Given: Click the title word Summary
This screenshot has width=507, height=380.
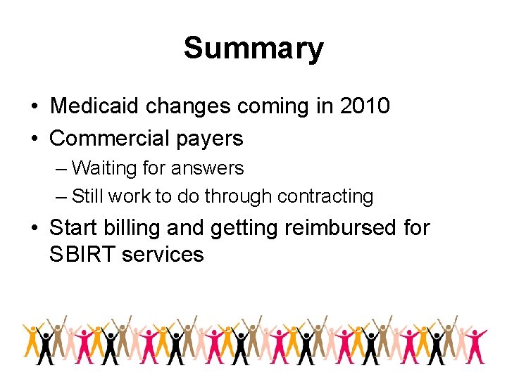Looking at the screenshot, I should point(254,49).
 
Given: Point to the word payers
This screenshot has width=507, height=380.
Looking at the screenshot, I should point(211,139).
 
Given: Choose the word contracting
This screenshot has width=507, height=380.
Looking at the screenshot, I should point(325,196).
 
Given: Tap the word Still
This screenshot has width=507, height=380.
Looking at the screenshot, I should point(87,196).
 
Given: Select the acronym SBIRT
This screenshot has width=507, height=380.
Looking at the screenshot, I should point(82,254).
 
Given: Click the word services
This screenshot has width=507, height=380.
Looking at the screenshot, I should point(163,254).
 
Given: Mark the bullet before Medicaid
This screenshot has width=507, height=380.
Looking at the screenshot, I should point(34,107).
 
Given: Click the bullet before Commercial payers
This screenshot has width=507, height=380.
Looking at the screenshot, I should point(34,139).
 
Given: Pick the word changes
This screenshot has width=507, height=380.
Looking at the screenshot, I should point(188,107).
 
